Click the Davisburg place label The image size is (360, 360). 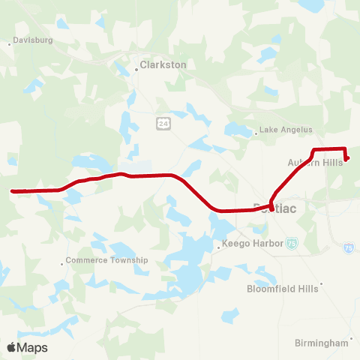[x=34, y=40]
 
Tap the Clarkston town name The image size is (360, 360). [x=164, y=65]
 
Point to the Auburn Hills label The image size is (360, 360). [x=314, y=162]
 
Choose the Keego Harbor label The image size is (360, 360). [x=253, y=244]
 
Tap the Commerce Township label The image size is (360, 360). [x=107, y=260]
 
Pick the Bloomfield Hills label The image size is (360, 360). [x=281, y=288]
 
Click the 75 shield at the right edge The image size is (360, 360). [x=348, y=247]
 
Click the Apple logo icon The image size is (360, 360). [x=11, y=347]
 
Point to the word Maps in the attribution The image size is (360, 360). [x=32, y=347]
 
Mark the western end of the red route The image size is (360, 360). [x=13, y=190]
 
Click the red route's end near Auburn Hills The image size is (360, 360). [x=346, y=157]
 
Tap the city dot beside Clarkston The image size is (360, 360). [x=136, y=67]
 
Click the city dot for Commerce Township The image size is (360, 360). [x=62, y=263]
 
